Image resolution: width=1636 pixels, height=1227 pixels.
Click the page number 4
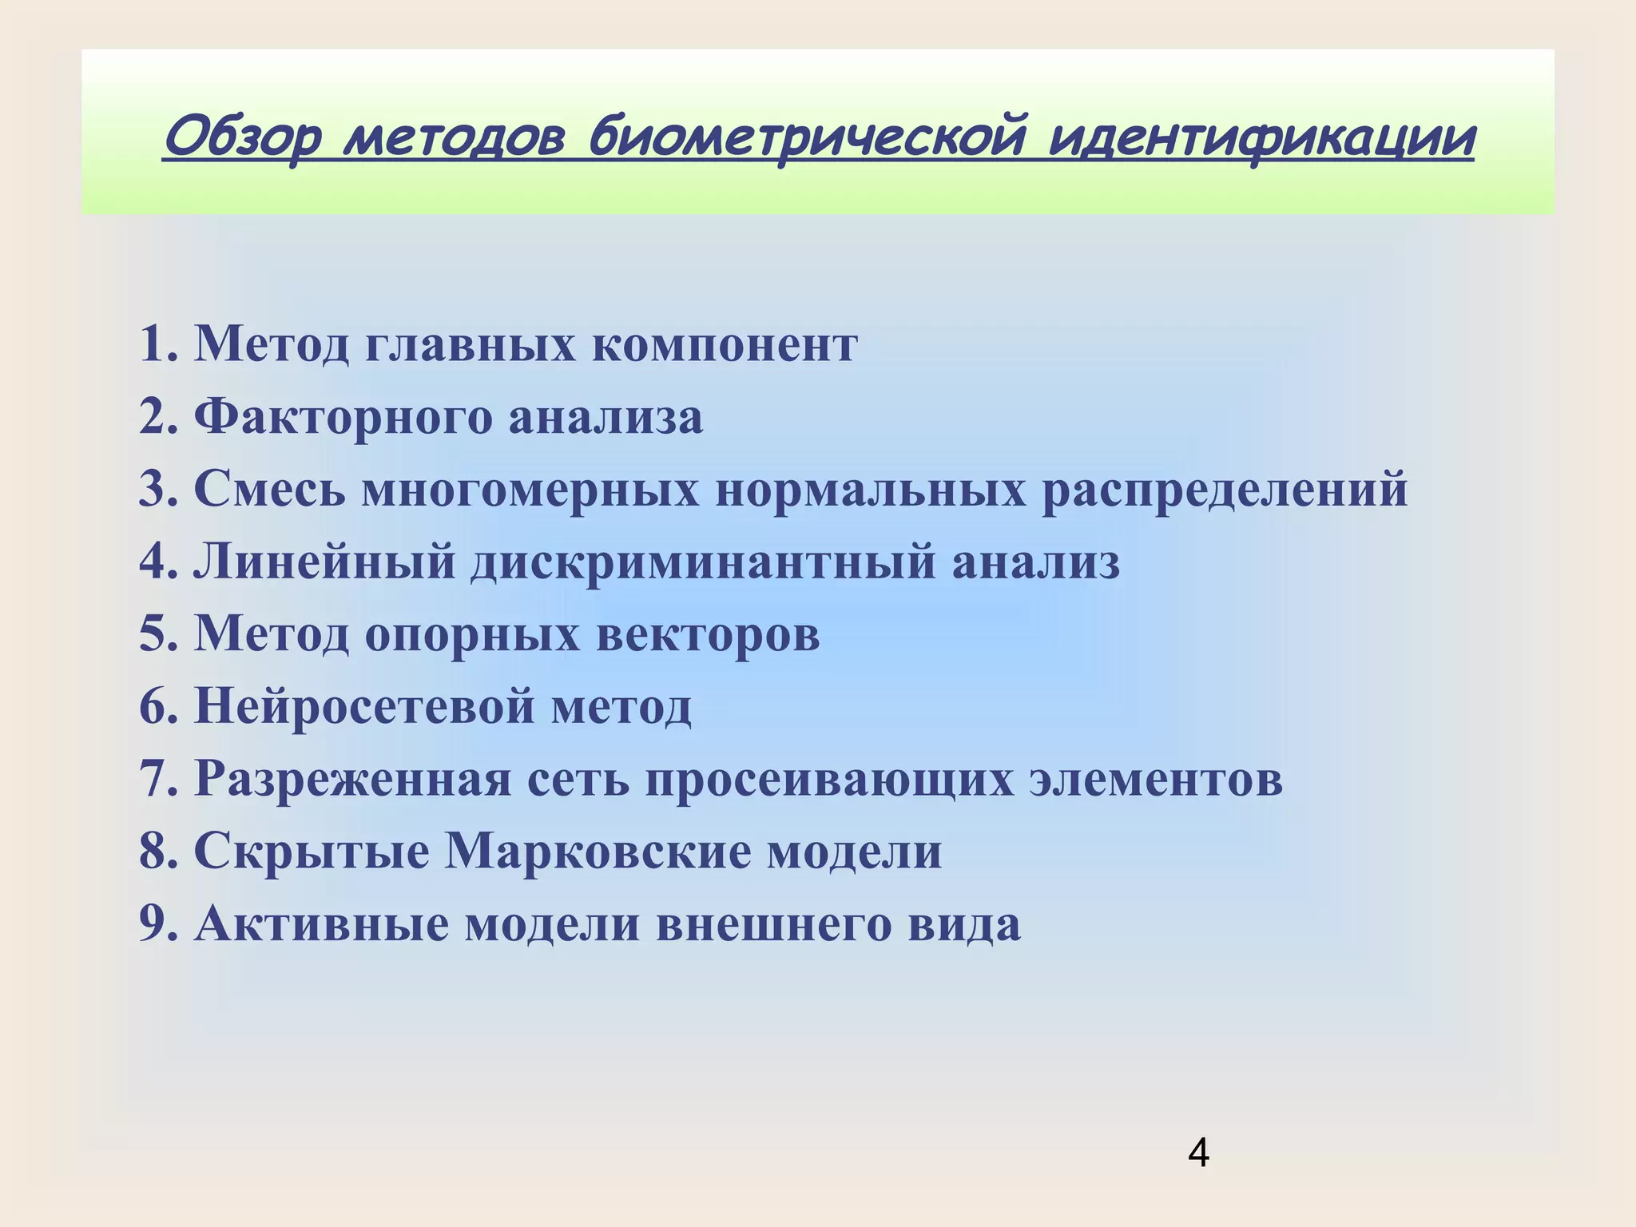(1198, 1154)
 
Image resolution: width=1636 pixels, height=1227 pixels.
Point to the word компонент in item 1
(725, 345)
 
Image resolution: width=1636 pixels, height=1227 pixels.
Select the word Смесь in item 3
(270, 489)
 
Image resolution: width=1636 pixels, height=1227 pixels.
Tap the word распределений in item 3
(1225, 489)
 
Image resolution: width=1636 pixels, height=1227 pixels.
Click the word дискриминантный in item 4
(703, 562)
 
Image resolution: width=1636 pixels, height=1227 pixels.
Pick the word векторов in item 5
(709, 634)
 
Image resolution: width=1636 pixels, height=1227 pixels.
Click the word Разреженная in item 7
(352, 779)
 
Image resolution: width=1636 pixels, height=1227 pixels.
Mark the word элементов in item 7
(1155, 779)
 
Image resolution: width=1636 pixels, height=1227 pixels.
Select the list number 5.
(158, 634)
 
